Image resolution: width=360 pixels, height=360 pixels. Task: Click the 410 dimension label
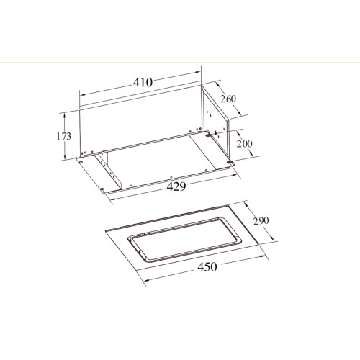click(x=143, y=82)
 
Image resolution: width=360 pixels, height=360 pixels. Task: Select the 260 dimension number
click(x=228, y=99)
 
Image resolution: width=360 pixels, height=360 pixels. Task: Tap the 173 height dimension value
click(x=64, y=136)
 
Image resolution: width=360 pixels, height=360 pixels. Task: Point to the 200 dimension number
click(x=245, y=143)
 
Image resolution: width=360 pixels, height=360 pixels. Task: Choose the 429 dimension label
click(x=176, y=186)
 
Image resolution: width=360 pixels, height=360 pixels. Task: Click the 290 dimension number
click(x=261, y=220)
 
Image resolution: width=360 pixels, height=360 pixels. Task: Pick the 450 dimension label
click(x=207, y=266)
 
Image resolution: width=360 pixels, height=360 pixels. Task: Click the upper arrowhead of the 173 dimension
click(x=64, y=116)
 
